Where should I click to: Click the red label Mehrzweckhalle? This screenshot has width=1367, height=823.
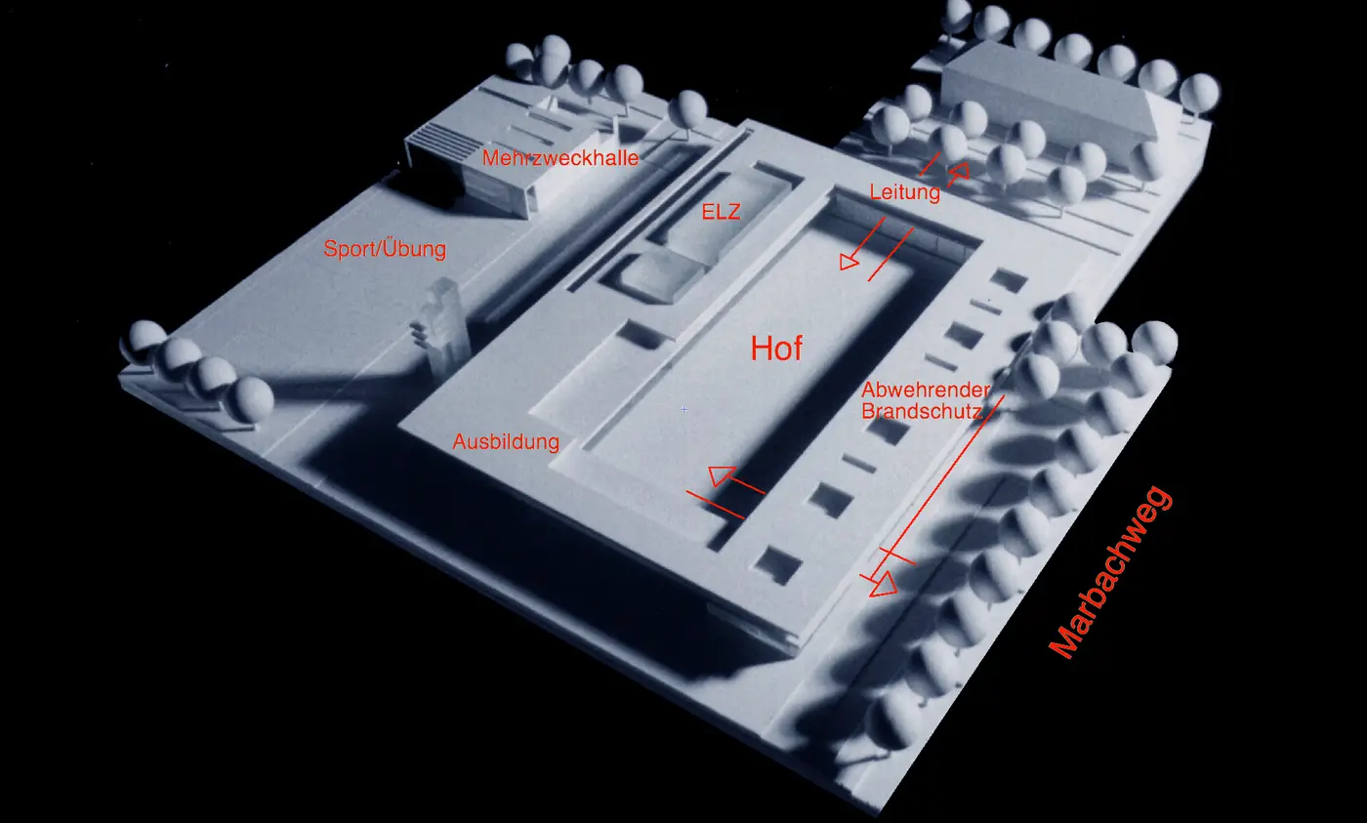[560, 158]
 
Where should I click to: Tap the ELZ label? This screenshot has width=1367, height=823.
[721, 212]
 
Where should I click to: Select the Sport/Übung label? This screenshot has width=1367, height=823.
[385, 249]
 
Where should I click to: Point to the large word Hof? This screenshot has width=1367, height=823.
[776, 349]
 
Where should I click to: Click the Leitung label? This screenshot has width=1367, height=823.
[904, 192]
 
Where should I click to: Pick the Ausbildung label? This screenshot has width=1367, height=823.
[506, 441]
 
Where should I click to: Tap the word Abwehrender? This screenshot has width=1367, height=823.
[926, 390]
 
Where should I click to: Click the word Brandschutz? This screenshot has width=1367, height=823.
[922, 411]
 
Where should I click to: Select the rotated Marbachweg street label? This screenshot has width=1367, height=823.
[1111, 572]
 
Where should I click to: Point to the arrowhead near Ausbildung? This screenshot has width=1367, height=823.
[721, 475]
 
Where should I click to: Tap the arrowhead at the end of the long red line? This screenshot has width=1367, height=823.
[883, 584]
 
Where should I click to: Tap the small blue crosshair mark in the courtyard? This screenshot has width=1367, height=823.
[684, 410]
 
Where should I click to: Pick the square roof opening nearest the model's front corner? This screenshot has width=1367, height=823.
[777, 565]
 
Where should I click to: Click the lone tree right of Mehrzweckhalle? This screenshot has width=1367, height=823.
[687, 113]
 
